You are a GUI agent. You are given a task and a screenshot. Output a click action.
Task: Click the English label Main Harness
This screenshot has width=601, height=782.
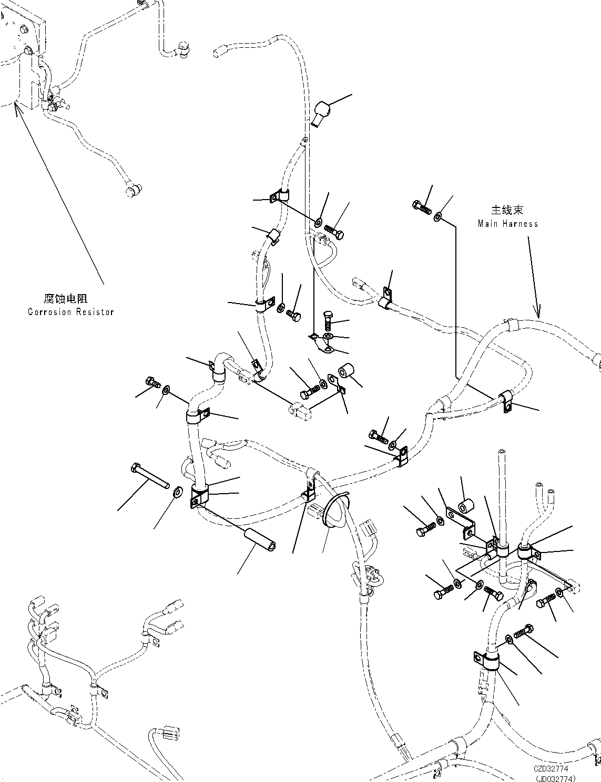[508, 224]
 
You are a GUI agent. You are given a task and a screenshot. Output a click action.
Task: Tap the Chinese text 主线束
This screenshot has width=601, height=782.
[507, 210]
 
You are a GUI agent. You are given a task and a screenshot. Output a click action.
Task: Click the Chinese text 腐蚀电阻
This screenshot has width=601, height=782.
[66, 298]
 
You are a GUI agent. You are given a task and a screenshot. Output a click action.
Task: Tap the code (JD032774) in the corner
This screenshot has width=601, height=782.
[556, 777]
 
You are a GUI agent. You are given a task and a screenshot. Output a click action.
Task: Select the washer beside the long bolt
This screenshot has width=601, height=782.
[178, 492]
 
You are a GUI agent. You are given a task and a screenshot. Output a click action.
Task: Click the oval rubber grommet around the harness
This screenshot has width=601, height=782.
[336, 510]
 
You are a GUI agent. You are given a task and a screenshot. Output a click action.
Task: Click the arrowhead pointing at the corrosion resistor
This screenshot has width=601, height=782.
[15, 107]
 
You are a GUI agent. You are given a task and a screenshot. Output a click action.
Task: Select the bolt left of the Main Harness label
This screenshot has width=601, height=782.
[422, 207]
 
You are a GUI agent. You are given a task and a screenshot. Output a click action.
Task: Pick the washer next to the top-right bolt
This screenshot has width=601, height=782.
[438, 217]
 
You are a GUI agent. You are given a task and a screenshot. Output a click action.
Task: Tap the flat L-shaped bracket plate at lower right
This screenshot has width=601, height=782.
[461, 523]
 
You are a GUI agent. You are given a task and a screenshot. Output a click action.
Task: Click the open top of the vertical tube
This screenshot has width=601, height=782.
[502, 451]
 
